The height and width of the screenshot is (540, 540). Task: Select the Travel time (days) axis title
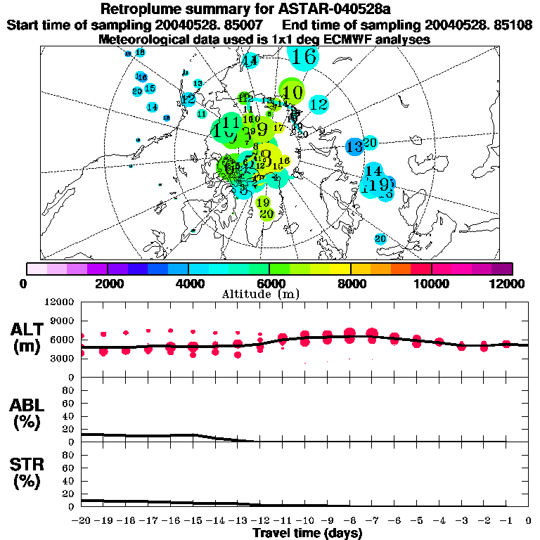tap(307, 534)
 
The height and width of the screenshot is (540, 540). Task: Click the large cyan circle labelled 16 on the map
tap(304, 56)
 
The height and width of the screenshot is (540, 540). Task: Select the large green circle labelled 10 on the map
tap(292, 92)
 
